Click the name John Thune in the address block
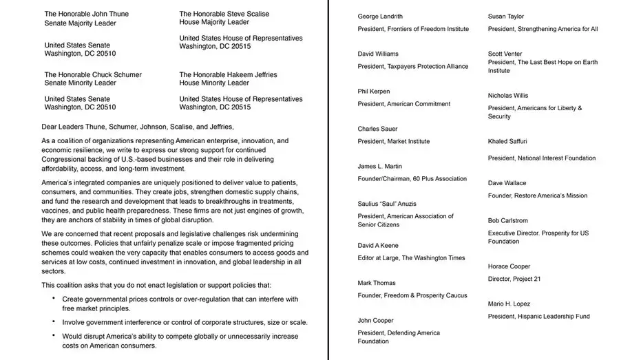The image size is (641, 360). pos(110,14)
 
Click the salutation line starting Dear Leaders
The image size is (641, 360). pos(138,126)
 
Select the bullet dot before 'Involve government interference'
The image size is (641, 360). pos(54,322)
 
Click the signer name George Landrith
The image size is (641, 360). pos(380,17)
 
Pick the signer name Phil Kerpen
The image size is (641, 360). pos(373,92)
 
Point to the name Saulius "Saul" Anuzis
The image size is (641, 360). pos(386,204)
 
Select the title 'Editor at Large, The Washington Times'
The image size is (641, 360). pos(411,258)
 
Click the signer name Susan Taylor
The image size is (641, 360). pos(506,17)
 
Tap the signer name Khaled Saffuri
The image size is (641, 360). pos(507,141)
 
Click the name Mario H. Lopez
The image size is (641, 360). pos(509,304)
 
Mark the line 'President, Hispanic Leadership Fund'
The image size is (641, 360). pos(538,317)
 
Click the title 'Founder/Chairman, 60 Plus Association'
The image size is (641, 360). pos(412,179)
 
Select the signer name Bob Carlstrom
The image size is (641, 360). pos(508,220)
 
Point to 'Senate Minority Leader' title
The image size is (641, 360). pos(81,83)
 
